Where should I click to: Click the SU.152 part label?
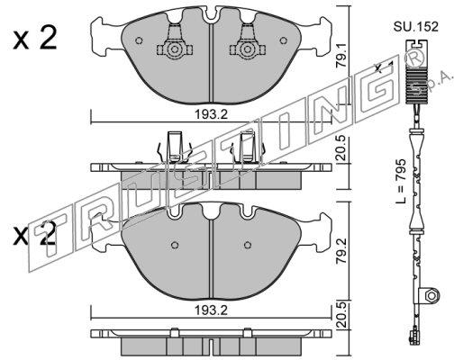pyautogui.click(x=416, y=27)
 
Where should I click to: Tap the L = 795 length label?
pyautogui.click(x=401, y=181)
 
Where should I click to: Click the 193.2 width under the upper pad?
pyautogui.click(x=211, y=114)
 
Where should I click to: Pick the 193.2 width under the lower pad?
pyautogui.click(x=211, y=310)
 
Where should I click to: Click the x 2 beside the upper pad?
pyautogui.click(x=35, y=38)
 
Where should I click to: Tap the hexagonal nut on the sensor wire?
pyautogui.click(x=431, y=295)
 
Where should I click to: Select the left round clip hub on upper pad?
pyautogui.click(x=174, y=49)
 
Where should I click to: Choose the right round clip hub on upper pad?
pyautogui.click(x=247, y=49)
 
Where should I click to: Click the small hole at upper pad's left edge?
pyautogui.click(x=139, y=40)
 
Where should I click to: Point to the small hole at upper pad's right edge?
pyautogui.click(x=283, y=40)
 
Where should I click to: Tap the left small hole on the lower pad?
pyautogui.click(x=175, y=245)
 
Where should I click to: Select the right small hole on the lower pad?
pyautogui.click(x=248, y=245)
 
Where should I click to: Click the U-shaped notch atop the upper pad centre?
pyautogui.click(x=213, y=15)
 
